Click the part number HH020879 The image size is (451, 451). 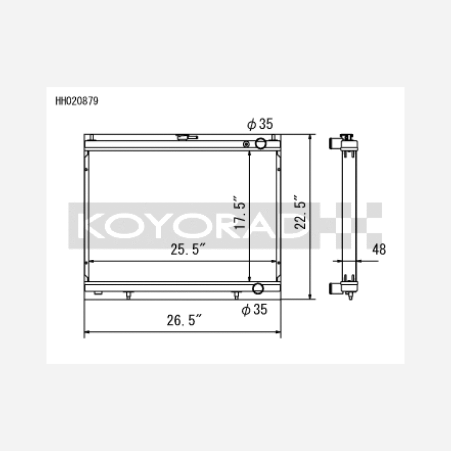pyautogui.click(x=77, y=101)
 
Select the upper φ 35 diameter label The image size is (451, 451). pyautogui.click(x=260, y=124)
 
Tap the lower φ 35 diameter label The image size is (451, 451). pyautogui.click(x=254, y=309)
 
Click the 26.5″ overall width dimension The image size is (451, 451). pyautogui.click(x=185, y=320)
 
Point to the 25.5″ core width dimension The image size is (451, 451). pyautogui.click(x=188, y=249)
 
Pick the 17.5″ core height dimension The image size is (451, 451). pyautogui.click(x=239, y=213)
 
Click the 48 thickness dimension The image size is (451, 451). pyautogui.click(x=379, y=249)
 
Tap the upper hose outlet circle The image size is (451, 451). pyautogui.click(x=261, y=143)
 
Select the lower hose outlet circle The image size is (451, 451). pyautogui.click(x=258, y=288)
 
